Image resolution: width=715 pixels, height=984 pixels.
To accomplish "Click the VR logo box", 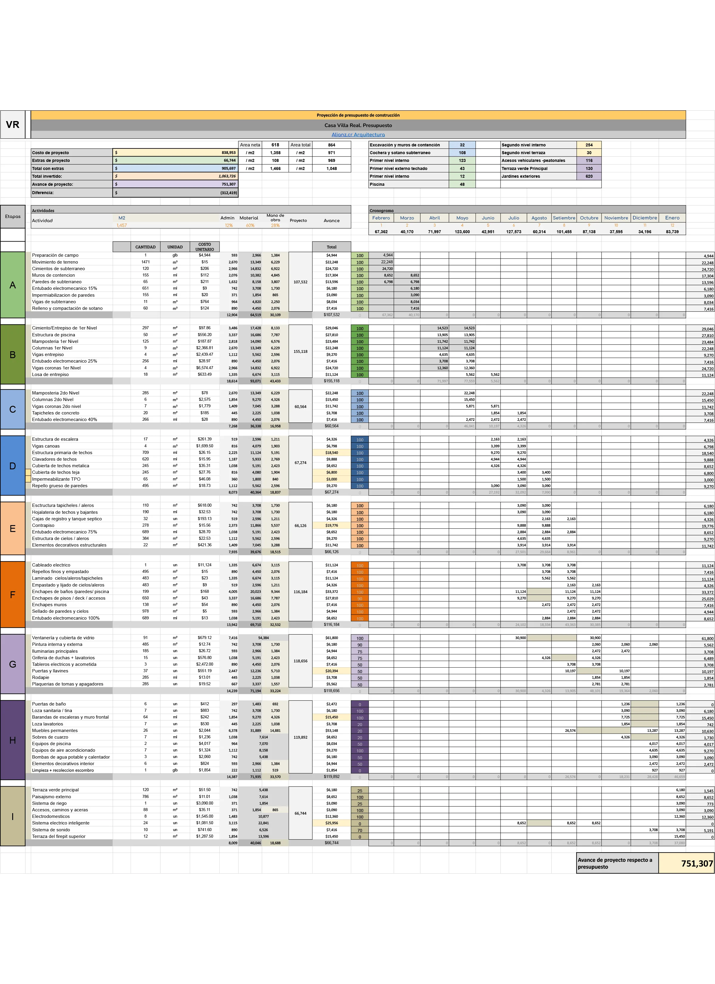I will click(x=13, y=125).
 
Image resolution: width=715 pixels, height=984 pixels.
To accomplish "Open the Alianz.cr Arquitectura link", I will click(x=358, y=134).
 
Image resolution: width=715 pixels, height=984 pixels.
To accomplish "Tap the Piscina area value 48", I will click(x=462, y=184).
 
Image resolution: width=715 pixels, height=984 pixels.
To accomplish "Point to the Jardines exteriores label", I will click(x=521, y=176).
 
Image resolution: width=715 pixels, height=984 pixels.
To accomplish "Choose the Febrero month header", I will click(x=381, y=218).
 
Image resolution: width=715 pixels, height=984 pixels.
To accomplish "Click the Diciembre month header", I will click(x=644, y=218).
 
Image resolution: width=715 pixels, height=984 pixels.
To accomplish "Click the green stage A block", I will click(x=13, y=285).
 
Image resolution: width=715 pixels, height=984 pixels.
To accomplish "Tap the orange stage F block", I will click(x=13, y=594).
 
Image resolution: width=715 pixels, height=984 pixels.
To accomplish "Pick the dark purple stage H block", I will click(x=13, y=740).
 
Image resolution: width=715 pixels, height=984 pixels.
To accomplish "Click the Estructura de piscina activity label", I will click(x=53, y=335).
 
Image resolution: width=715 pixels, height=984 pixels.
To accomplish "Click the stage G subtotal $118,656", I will click(x=331, y=690).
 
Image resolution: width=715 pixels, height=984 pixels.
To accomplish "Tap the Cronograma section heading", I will click(x=382, y=211).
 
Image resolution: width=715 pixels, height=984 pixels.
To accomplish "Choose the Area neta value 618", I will click(x=275, y=145).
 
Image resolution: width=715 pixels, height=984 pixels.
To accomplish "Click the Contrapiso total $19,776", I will click(x=331, y=525).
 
